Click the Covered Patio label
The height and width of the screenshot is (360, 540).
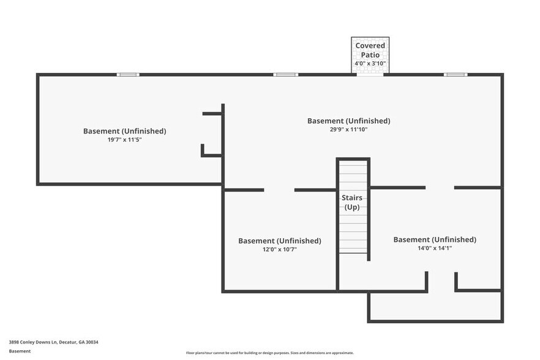click(x=370, y=50)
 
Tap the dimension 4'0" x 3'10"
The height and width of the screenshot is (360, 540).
click(x=370, y=64)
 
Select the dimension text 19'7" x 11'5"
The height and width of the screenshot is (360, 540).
click(x=124, y=140)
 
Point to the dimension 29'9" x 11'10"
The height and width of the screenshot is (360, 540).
click(x=348, y=129)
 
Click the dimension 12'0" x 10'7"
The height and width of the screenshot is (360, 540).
click(x=279, y=249)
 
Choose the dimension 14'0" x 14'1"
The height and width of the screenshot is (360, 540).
click(x=435, y=248)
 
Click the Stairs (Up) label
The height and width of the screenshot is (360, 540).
click(x=352, y=203)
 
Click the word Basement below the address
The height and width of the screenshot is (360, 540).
click(x=20, y=351)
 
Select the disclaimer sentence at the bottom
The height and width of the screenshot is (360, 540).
click(x=270, y=353)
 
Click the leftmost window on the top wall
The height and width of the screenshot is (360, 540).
click(x=128, y=75)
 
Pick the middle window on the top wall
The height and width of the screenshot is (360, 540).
click(x=285, y=75)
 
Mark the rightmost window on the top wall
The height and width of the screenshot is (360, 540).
click(x=456, y=75)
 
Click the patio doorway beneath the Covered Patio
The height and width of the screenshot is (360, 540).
click(x=370, y=74)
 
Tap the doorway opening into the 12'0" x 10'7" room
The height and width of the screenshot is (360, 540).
click(x=279, y=190)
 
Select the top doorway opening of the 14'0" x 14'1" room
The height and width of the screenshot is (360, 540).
click(x=440, y=187)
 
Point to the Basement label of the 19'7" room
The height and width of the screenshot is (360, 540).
click(x=124, y=131)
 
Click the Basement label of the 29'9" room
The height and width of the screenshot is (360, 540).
click(x=348, y=121)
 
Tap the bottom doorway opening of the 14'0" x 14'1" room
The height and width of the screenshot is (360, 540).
click(x=441, y=282)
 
